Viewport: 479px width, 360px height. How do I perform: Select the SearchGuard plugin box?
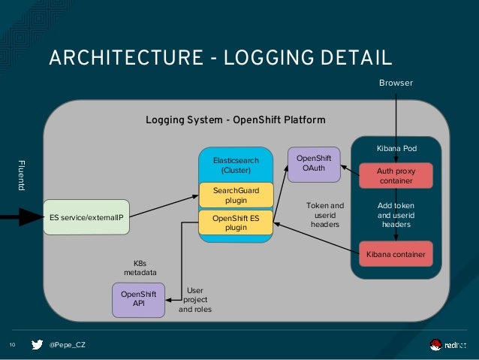pos(235,195)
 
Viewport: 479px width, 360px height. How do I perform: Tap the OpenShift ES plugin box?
pos(235,222)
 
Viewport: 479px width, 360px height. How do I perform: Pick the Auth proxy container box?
pos(396,176)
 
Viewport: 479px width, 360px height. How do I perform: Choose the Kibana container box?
pos(396,255)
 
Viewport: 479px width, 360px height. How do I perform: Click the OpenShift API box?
pos(138,299)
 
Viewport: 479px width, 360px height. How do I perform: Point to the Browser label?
pos(396,83)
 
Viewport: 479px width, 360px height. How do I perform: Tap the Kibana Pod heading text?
pos(396,149)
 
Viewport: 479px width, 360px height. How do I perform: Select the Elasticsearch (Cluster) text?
pos(235,165)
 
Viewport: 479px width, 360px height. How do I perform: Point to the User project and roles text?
pos(195,299)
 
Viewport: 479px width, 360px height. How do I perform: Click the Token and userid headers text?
pos(325,214)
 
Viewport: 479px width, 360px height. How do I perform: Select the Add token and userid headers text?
pos(396,214)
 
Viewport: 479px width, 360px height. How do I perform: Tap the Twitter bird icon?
pos(37,344)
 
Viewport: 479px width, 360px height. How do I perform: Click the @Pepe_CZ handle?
pos(67,344)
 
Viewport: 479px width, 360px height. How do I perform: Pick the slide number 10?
pos(12,345)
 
